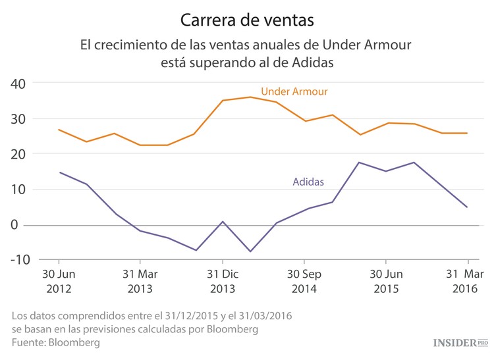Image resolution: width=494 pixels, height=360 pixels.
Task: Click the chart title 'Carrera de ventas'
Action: click(x=247, y=20)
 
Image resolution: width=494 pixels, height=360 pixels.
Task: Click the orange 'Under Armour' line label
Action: click(x=294, y=91)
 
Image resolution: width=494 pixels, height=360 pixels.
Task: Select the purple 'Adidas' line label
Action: click(x=308, y=182)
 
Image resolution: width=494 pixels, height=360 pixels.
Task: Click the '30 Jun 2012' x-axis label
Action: click(x=59, y=281)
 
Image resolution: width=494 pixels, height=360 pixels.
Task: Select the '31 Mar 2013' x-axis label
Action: click(x=140, y=281)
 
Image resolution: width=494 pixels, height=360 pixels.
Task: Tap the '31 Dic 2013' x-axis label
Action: click(x=222, y=281)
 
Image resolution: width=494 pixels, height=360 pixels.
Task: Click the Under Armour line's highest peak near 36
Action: click(x=250, y=97)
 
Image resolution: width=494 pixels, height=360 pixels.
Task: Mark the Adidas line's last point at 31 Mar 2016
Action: click(x=467, y=207)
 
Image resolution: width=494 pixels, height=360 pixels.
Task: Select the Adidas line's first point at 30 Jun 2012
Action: click(x=59, y=172)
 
